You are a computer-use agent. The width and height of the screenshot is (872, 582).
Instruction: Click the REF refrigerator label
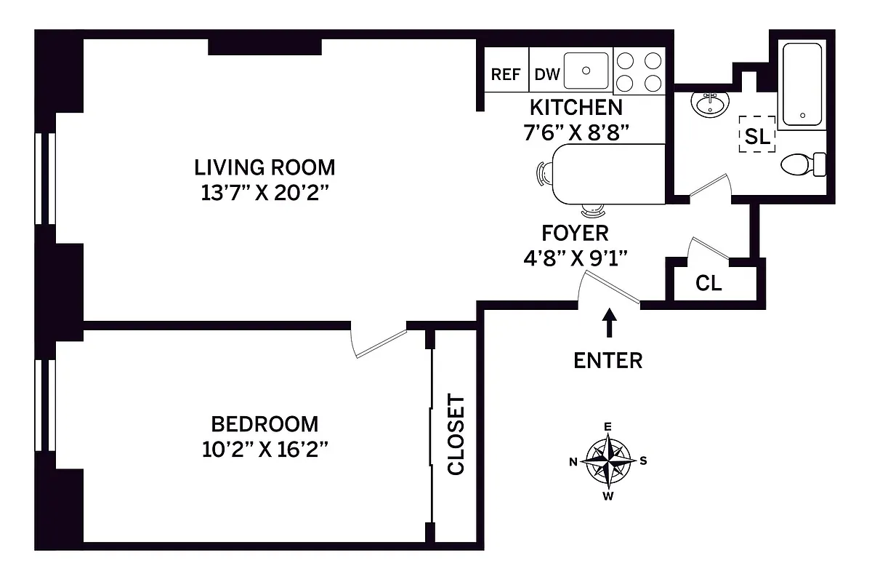(x=506, y=74)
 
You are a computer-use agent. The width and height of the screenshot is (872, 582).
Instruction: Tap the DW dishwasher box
(x=547, y=74)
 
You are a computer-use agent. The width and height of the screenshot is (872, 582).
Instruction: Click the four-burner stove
(x=639, y=71)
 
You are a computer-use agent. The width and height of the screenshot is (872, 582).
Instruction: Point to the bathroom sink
(x=710, y=104)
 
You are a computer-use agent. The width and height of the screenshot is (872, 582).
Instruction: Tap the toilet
(x=802, y=164)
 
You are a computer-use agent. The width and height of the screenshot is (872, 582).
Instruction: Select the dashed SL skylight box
(x=756, y=135)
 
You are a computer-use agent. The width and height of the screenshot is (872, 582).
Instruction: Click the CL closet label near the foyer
(x=708, y=284)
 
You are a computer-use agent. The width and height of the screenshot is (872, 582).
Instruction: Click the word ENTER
(x=608, y=360)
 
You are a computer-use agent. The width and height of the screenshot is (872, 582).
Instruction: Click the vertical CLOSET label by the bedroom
(x=456, y=435)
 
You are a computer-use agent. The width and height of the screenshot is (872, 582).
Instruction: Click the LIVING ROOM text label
(x=265, y=167)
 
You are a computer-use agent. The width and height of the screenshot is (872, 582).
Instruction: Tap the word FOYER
(x=575, y=234)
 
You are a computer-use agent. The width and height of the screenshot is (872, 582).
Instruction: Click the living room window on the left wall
(x=46, y=178)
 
